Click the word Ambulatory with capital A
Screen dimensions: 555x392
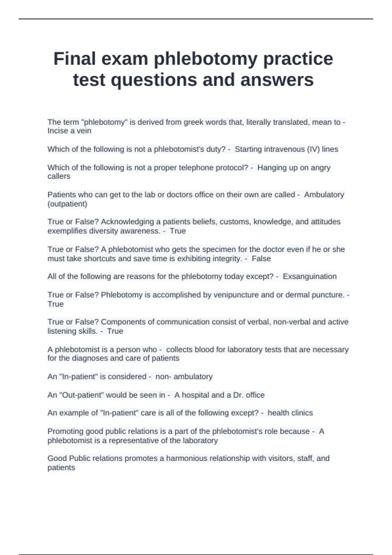tap(324, 195)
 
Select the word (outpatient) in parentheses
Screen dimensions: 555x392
tap(67, 204)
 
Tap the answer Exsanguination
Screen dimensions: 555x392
tap(309, 277)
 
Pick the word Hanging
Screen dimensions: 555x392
tap(271, 168)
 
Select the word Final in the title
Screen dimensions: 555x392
tap(75, 59)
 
